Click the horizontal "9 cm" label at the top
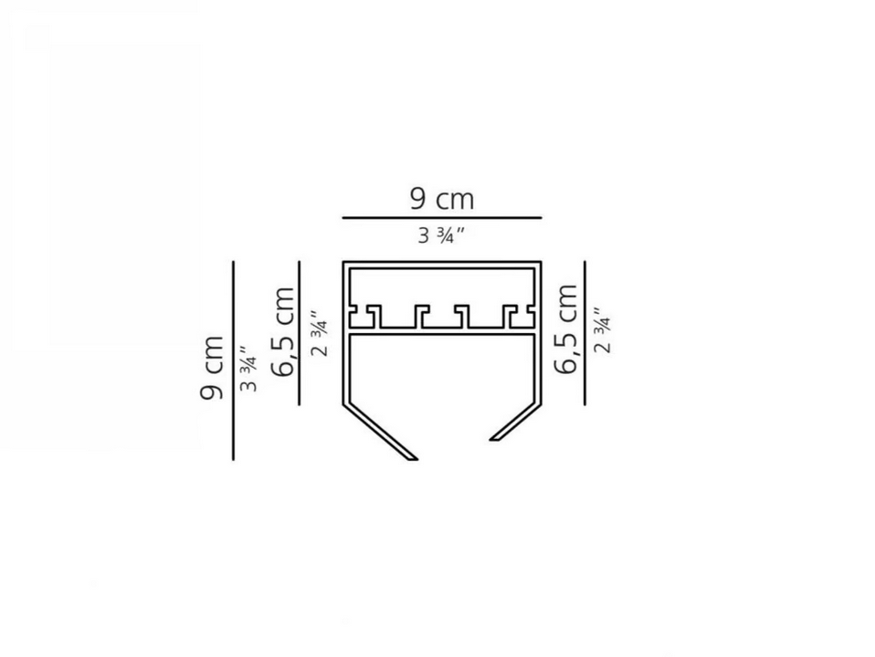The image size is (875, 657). [x=441, y=199]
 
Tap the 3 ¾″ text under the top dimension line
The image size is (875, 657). [x=441, y=235]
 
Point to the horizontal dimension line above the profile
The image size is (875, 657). [x=441, y=217]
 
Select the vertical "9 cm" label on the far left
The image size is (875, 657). [x=212, y=368]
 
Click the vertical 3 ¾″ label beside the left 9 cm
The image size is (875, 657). [x=248, y=369]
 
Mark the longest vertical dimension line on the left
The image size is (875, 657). [x=233, y=360]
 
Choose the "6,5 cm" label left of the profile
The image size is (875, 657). [x=282, y=331]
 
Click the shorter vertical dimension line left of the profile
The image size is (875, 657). [x=300, y=333]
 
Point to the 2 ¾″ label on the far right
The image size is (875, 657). [x=602, y=329]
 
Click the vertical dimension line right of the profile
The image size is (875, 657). [x=585, y=333]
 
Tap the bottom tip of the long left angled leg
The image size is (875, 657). [x=416, y=460]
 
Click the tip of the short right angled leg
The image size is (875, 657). [x=491, y=440]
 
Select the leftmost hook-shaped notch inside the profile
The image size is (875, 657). [x=365, y=316]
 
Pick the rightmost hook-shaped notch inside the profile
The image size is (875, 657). [x=519, y=316]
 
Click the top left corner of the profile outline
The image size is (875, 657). [x=343, y=261]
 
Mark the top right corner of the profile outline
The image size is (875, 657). [x=542, y=261]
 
